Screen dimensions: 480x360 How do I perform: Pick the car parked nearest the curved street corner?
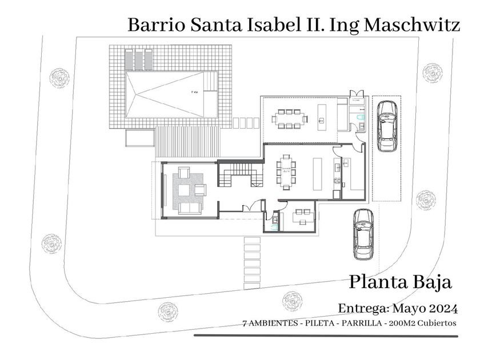click(363, 233)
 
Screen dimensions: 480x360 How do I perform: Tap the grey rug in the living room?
click(188, 187)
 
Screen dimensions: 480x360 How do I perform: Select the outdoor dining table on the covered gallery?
click(289, 119)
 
